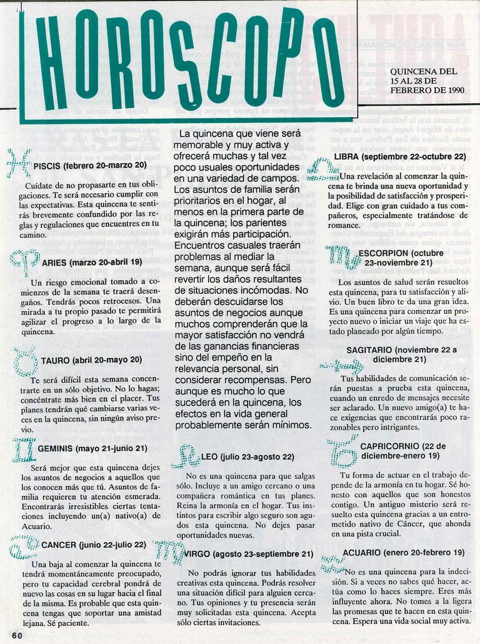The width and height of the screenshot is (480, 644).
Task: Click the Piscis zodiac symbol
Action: tap(19, 164)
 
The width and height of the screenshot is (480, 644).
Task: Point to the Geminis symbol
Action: tap(23, 448)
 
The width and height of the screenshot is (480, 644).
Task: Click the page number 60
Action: tap(16, 635)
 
